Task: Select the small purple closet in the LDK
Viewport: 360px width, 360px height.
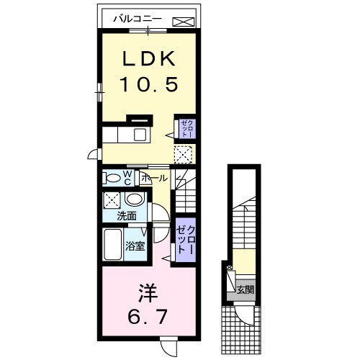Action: point(186,130)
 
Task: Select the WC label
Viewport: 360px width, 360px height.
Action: point(126,177)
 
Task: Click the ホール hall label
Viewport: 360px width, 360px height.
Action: point(155,178)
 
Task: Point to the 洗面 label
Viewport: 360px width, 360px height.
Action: point(128,215)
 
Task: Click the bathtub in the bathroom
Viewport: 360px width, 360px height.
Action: point(112,244)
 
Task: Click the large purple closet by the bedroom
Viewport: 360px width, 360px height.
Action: point(185,238)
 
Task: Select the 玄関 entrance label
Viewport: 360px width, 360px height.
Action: point(245,291)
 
